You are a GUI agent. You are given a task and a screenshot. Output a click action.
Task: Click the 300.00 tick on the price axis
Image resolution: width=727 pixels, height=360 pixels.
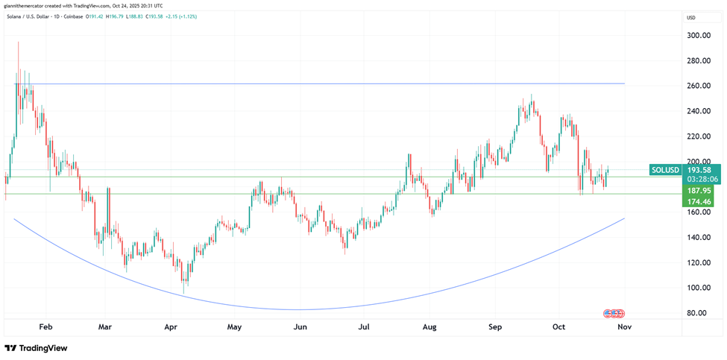click(698, 35)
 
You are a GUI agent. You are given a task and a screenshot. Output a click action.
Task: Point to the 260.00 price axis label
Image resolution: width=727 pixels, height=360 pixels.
click(698, 86)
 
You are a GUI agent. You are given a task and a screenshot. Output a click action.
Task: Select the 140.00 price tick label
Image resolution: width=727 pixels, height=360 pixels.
click(698, 237)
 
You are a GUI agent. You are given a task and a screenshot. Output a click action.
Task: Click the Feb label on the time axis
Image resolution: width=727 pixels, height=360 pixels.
click(46, 326)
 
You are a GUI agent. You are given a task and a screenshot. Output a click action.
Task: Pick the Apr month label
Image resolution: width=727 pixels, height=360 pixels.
click(171, 326)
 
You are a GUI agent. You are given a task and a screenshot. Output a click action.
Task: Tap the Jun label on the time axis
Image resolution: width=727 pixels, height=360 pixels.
click(300, 326)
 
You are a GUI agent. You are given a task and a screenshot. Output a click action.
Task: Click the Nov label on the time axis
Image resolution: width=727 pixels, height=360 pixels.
click(625, 326)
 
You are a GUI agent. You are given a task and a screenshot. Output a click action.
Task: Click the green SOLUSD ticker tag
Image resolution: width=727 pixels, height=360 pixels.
click(665, 170)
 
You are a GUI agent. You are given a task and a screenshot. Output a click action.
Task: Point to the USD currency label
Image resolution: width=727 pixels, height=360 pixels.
click(691, 17)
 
